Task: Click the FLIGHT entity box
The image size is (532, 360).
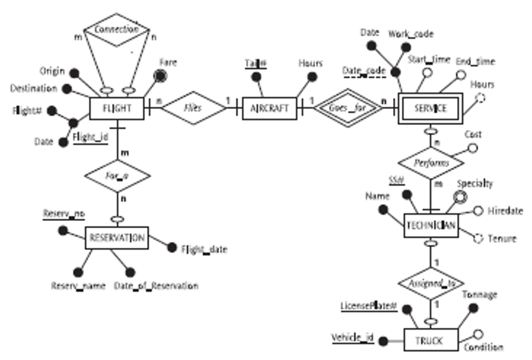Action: click(x=116, y=108)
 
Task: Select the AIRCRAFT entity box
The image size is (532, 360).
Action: click(x=269, y=108)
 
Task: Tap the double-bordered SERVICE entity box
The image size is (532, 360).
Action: click(x=430, y=108)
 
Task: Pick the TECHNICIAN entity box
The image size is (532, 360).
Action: click(x=430, y=226)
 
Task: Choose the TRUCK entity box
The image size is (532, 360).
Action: click(x=430, y=340)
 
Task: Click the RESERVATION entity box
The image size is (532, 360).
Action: click(x=116, y=237)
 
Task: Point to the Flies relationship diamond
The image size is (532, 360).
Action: click(x=193, y=108)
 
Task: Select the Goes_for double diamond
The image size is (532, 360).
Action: click(x=347, y=108)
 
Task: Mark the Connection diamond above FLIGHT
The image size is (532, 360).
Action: click(x=116, y=30)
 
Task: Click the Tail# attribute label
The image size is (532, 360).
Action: click(x=255, y=63)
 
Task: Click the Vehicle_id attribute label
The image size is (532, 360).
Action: click(x=351, y=338)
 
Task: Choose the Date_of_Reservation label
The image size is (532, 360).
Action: click(x=156, y=286)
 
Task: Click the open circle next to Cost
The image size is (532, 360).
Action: click(x=471, y=149)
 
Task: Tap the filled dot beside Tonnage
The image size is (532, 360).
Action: click(x=473, y=308)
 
